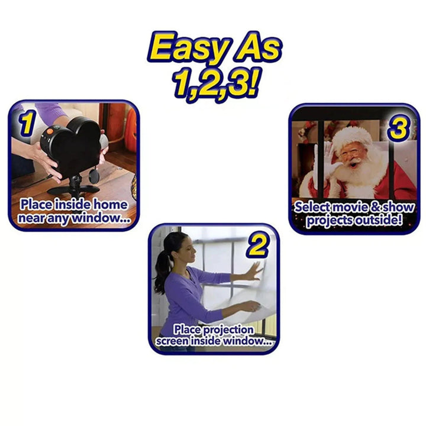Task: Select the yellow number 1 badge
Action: (27, 122)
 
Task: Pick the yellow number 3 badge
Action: (399, 128)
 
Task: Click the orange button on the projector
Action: (50, 131)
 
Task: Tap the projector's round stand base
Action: (73, 189)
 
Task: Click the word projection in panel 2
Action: (228, 330)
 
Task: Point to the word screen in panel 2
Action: (172, 341)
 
